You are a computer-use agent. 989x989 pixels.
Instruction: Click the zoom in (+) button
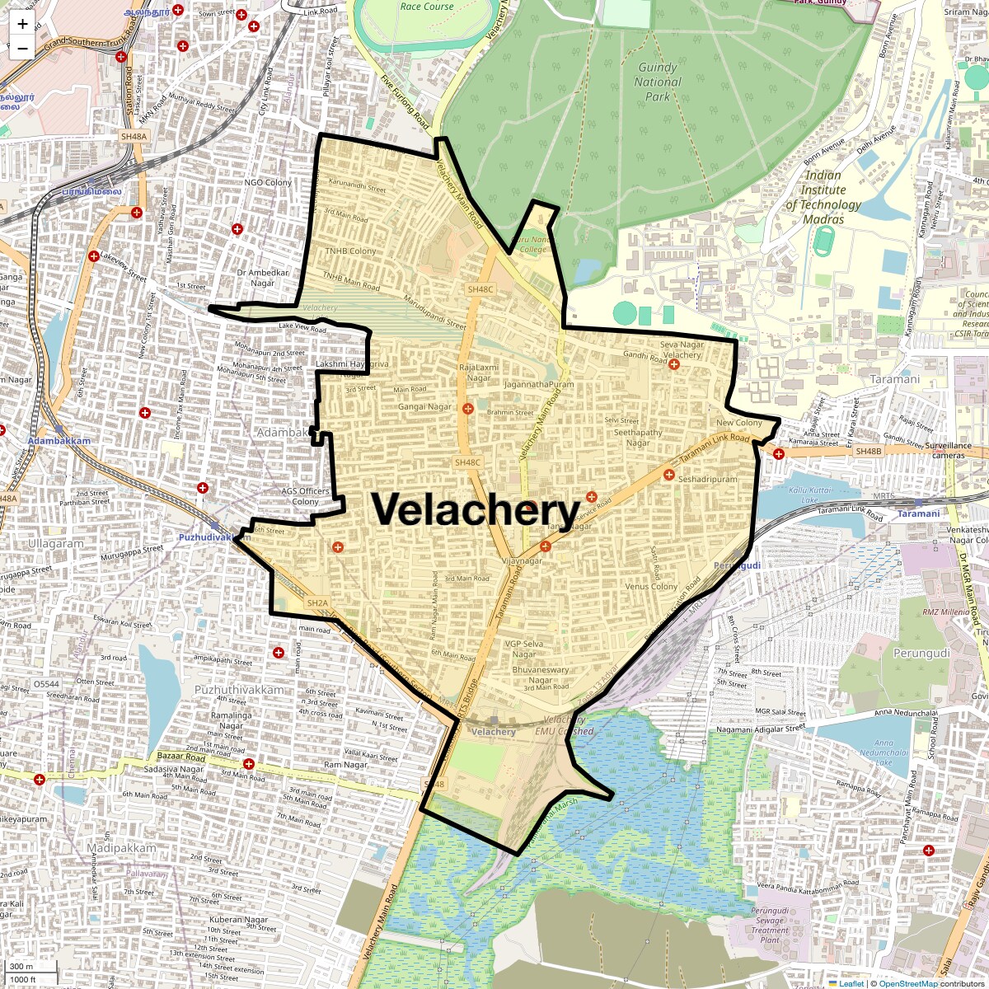coord(22,24)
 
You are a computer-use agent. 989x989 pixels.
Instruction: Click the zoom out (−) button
coord(22,48)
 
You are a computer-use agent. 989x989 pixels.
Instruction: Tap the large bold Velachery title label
coord(476,510)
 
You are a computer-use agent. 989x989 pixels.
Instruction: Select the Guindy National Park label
coord(658,82)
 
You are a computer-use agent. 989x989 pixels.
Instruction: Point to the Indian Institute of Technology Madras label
coord(823,197)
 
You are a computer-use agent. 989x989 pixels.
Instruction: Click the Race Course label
coord(427,7)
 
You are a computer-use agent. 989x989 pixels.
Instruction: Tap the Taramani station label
coord(918,513)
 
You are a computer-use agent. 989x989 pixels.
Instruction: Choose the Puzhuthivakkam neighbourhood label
coord(239,690)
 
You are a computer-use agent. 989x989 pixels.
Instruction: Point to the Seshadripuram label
coord(708,479)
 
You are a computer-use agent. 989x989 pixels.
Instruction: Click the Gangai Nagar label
coord(424,406)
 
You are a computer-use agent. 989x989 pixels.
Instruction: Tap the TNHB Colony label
coord(350,251)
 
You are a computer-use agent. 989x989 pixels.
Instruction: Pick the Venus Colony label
coord(651,587)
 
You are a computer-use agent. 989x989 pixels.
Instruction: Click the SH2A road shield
coord(317,603)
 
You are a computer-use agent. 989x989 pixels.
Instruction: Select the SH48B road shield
coord(868,452)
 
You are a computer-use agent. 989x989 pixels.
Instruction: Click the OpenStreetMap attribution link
coord(908,983)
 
